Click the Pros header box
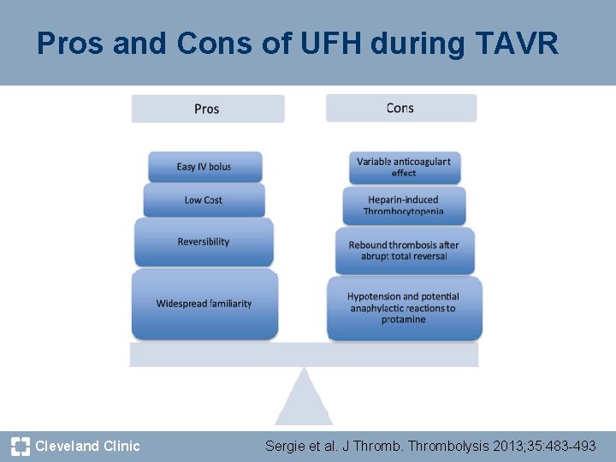(207, 109)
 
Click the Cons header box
(400, 108)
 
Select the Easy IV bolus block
(204, 167)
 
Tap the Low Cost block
(204, 200)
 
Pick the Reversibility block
(204, 242)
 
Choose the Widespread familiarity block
(204, 304)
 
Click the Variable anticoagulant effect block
(404, 167)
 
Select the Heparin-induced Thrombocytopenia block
(404, 205)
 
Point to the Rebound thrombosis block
(404, 251)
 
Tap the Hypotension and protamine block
(404, 308)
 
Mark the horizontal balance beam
(304, 354)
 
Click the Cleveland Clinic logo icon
(21, 446)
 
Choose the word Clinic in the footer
(121, 446)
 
